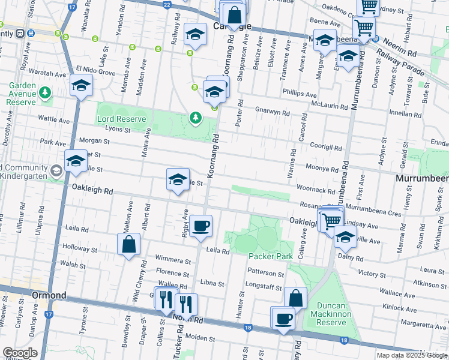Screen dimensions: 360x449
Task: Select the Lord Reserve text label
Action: tap(122, 119)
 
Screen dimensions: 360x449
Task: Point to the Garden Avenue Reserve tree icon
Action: tap(45, 93)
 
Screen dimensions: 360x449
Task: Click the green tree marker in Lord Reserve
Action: tap(195, 118)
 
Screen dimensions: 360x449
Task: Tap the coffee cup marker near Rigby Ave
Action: tap(201, 226)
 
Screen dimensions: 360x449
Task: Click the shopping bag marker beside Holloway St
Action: tap(128, 244)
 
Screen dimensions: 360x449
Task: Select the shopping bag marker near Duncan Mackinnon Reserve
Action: tap(296, 298)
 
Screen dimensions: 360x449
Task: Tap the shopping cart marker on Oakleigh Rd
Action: tap(330, 220)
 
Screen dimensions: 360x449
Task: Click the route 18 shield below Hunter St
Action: tap(248, 327)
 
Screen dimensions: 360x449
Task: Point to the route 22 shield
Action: tap(166, 4)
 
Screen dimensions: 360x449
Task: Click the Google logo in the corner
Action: tap(20, 353)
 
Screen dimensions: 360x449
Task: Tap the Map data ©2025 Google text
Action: tap(411, 355)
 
